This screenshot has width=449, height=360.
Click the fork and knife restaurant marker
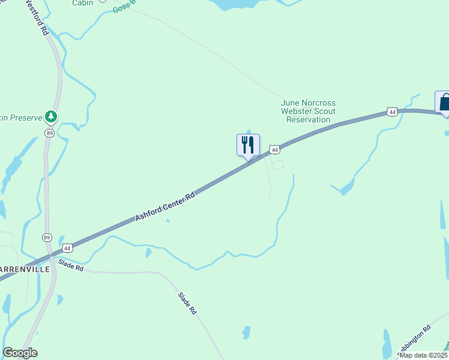pos(247,145)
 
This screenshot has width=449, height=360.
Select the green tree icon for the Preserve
pos(52,117)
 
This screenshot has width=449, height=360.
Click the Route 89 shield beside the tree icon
pos(49,133)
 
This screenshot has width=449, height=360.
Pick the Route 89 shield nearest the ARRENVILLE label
pos(47,238)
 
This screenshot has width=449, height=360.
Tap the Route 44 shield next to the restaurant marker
pos(274,149)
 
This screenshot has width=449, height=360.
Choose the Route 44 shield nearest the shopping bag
pos(392,112)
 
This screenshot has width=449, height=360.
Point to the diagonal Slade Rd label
pos(187,304)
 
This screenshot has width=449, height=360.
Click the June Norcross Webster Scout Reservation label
pos(308,111)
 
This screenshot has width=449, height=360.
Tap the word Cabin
pos(82,3)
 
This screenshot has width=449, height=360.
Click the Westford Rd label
pos(37,17)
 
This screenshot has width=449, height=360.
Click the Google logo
pos(20,353)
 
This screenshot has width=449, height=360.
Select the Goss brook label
pos(124,7)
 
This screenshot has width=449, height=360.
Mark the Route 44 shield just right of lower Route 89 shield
pos(67,247)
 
